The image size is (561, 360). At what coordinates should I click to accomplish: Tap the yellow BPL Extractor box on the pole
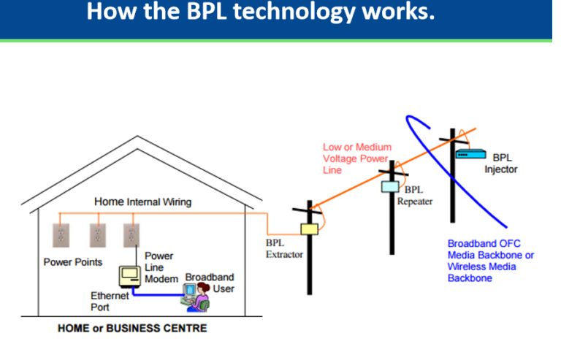[310, 229]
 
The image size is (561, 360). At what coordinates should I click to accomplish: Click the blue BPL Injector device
[471, 154]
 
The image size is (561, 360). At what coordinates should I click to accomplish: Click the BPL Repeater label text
[416, 196]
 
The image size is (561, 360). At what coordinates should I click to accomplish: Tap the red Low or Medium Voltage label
[357, 158]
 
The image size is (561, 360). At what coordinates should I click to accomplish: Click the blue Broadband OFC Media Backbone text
[490, 260]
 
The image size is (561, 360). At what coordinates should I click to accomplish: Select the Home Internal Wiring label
[142, 202]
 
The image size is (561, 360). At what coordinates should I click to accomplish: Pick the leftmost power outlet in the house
[61, 234]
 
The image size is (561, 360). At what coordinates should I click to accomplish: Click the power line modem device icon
[130, 275]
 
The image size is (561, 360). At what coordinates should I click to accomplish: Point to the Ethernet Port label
[110, 302]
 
